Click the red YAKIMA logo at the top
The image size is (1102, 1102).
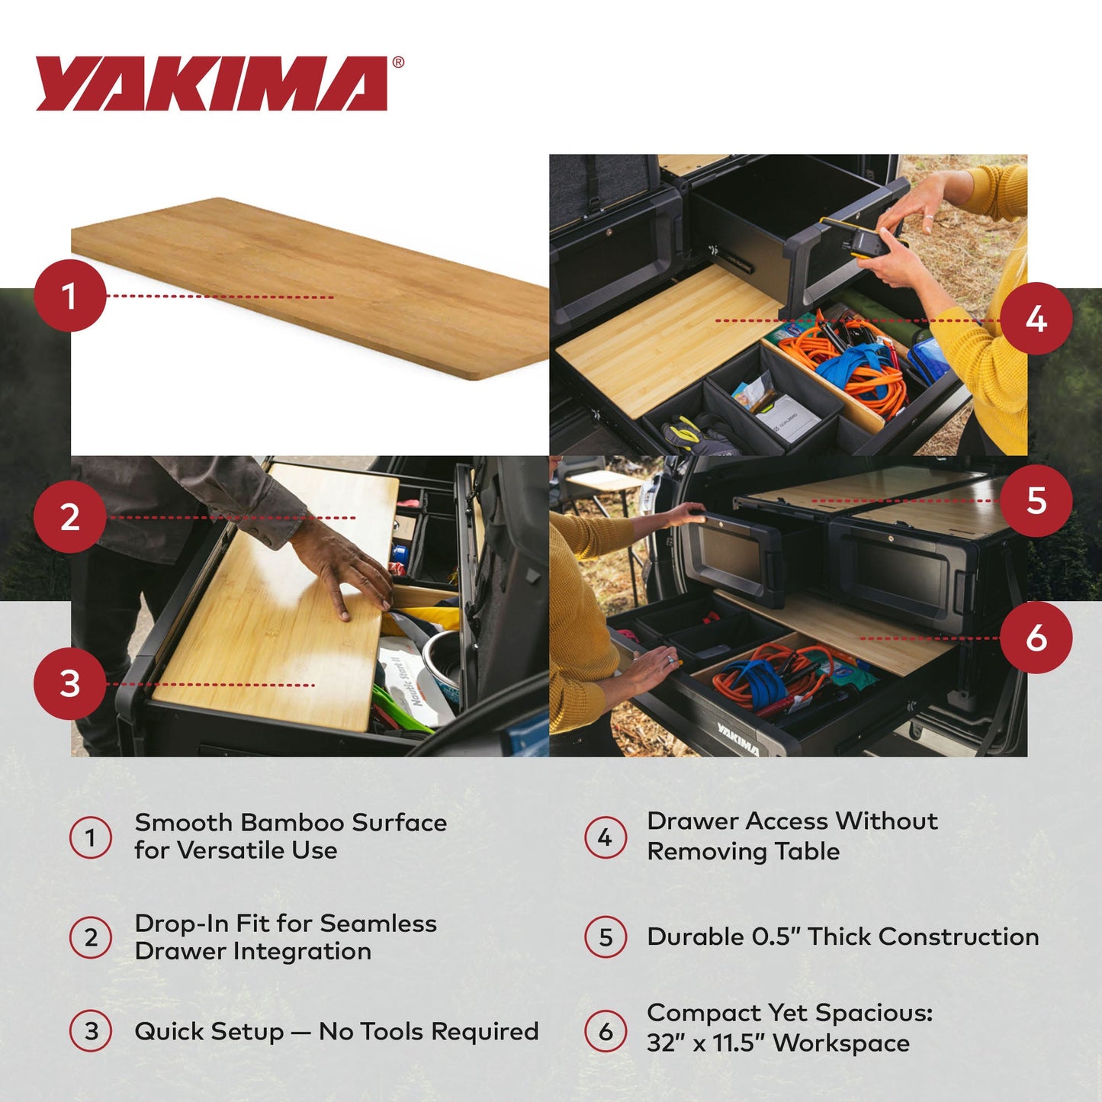tap(211, 83)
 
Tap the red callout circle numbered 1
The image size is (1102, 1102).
tap(69, 296)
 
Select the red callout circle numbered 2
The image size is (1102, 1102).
tap(69, 517)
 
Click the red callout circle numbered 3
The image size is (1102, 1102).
tap(69, 683)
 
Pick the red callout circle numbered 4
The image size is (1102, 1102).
tap(1036, 319)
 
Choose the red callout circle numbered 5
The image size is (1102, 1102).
tap(1036, 501)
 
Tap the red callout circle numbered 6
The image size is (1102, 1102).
tap(1036, 638)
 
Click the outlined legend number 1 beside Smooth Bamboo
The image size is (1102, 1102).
tap(91, 837)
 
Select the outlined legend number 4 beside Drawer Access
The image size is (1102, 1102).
tap(606, 837)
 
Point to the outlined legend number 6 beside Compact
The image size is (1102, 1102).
tap(606, 1031)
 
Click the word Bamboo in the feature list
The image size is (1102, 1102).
tap(291, 823)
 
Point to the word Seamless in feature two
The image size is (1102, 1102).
tap(378, 924)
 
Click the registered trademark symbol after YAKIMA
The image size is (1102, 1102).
tap(397, 63)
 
